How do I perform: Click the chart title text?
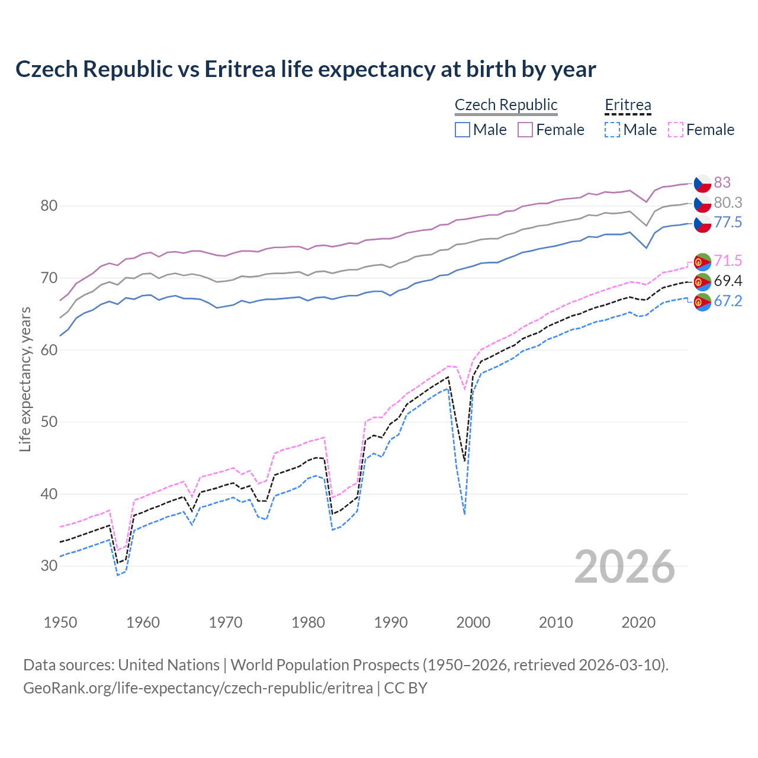pyautogui.click(x=306, y=69)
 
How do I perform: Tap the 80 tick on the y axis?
pyautogui.click(x=49, y=206)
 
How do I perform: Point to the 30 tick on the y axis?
pyautogui.click(x=49, y=566)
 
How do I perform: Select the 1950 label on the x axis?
pyautogui.click(x=60, y=622)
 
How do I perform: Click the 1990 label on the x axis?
pyautogui.click(x=391, y=622)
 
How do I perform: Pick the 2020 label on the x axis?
pyautogui.click(x=638, y=622)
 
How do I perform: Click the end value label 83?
pyautogui.click(x=722, y=182)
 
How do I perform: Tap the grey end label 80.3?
pyautogui.click(x=727, y=203)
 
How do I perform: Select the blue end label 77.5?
pyautogui.click(x=727, y=222)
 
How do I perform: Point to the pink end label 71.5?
pyautogui.click(x=727, y=261)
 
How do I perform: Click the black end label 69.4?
pyautogui.click(x=727, y=281)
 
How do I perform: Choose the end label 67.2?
pyautogui.click(x=727, y=301)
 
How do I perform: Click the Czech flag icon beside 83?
pyautogui.click(x=702, y=183)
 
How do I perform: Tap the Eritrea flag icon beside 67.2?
pyautogui.click(x=702, y=302)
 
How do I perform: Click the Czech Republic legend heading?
pyautogui.click(x=506, y=105)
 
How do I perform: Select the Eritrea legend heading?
pyautogui.click(x=628, y=105)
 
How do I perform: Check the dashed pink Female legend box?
pyautogui.click(x=676, y=130)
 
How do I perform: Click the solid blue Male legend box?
pyautogui.click(x=462, y=130)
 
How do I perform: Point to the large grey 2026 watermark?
pyautogui.click(x=624, y=567)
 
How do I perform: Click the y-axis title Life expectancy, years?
pyautogui.click(x=25, y=379)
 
